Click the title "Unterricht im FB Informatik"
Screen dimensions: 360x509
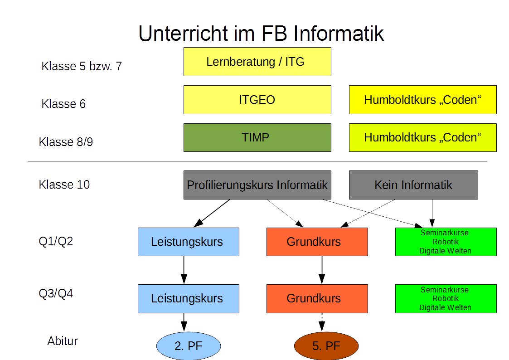[261, 34]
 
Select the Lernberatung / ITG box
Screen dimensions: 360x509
[257, 62]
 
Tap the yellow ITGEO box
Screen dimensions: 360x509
[257, 100]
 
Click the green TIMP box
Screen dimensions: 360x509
[257, 137]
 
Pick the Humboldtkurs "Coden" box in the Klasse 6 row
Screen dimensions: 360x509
[422, 100]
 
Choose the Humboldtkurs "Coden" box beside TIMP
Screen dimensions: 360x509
[422, 137]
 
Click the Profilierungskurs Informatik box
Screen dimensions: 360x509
[257, 185]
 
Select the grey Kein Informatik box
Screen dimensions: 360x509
[413, 185]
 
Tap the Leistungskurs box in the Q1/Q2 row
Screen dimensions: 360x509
[188, 242]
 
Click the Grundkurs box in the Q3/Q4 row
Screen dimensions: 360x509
[317, 298]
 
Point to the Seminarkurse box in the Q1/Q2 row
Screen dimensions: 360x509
[446, 242]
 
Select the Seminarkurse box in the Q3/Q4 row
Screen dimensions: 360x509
[446, 298]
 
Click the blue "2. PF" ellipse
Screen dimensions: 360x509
[188, 346]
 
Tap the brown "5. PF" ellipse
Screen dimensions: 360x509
[326, 346]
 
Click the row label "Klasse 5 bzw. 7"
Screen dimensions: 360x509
[82, 66]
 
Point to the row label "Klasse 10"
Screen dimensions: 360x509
[64, 185]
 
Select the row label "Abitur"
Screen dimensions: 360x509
[63, 341]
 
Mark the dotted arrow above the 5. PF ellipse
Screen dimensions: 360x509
[322, 321]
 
